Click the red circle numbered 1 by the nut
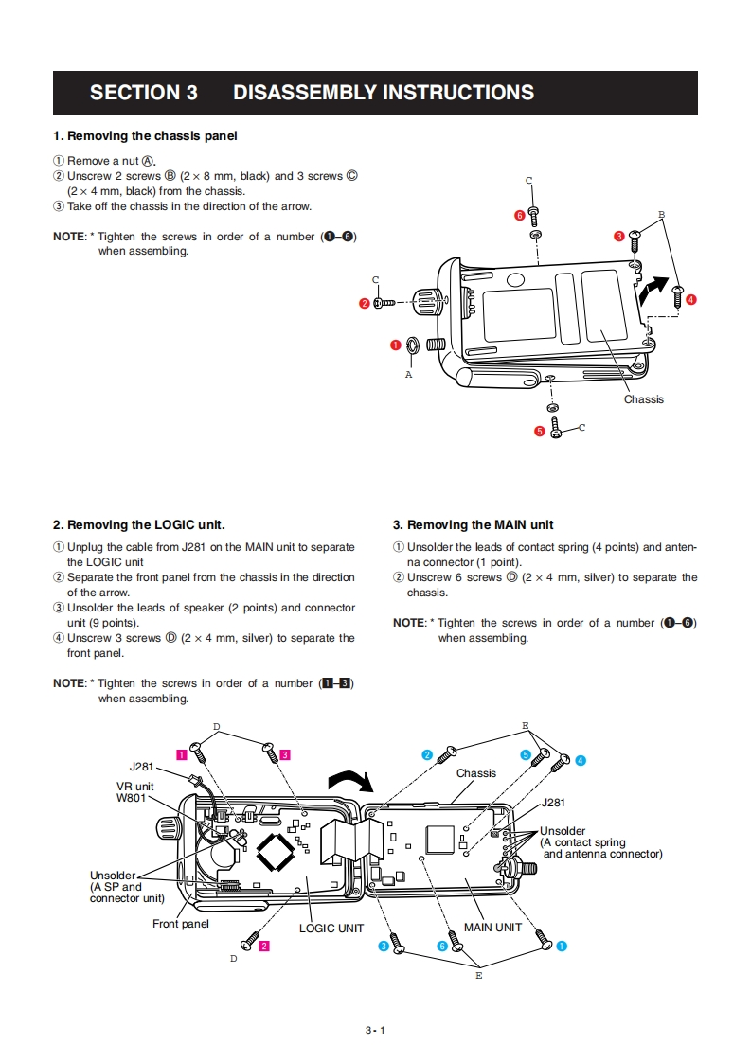pos(396,345)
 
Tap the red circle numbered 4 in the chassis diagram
pos(690,299)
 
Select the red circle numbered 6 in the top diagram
pos(520,215)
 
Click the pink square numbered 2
pos(264,945)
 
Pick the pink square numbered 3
pos(284,754)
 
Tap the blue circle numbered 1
pos(562,945)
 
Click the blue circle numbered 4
pos(581,760)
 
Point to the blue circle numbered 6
pos(442,946)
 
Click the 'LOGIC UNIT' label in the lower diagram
pos(331,929)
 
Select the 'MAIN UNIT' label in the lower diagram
pos(492,928)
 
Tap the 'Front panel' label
pos(181,923)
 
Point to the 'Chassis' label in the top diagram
pos(644,399)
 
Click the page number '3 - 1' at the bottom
pos(375,1030)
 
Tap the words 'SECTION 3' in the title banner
pos(144,93)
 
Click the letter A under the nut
pos(409,375)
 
